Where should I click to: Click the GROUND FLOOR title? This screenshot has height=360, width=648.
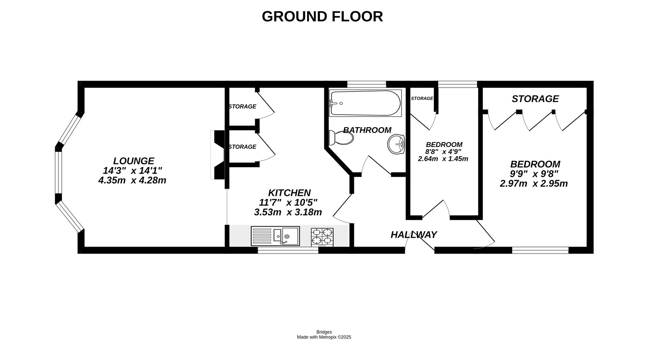tap(322, 17)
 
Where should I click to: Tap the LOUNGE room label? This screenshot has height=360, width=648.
tap(133, 161)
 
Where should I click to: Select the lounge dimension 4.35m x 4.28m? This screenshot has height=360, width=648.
tap(132, 180)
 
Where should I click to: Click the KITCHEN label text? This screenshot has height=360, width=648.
tap(289, 193)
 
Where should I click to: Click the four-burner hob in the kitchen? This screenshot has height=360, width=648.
tap(322, 237)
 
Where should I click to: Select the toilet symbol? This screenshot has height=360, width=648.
tap(341, 138)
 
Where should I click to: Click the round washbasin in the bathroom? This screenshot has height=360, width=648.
tap(396, 144)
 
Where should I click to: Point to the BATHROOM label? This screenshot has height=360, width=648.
tap(367, 130)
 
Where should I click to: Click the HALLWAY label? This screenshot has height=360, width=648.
tap(414, 234)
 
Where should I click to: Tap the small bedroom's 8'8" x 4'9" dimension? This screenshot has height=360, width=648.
tap(443, 151)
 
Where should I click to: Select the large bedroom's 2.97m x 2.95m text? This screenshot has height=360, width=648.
tap(533, 183)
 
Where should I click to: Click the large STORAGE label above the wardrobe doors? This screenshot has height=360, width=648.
tap(535, 99)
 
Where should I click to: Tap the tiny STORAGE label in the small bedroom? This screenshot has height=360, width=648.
tap(422, 98)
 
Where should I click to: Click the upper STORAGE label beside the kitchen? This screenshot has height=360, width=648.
tap(242, 107)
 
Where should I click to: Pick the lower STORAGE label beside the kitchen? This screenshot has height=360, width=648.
tap(242, 147)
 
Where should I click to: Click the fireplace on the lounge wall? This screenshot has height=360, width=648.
tap(218, 155)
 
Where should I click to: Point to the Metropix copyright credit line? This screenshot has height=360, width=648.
tap(324, 337)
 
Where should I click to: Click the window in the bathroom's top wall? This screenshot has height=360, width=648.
tap(367, 84)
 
